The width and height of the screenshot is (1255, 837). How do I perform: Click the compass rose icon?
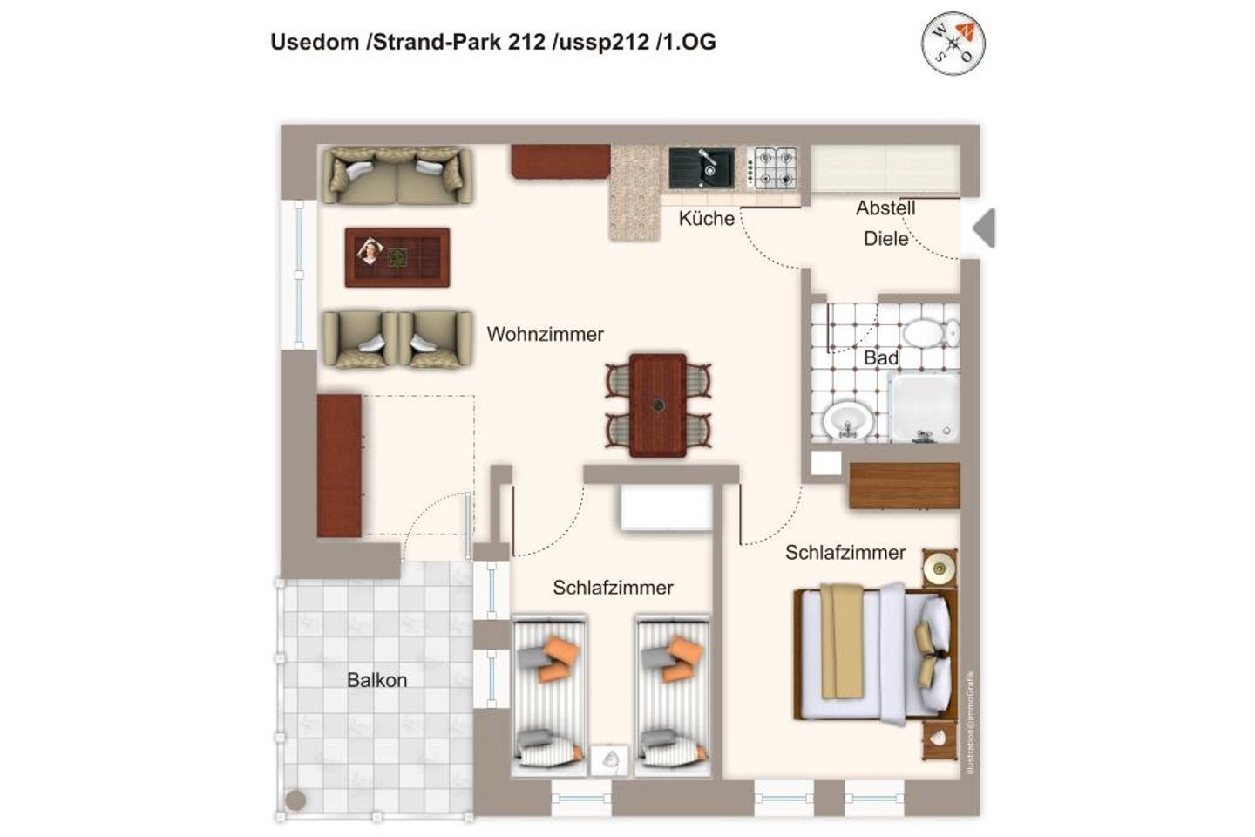coord(953,44)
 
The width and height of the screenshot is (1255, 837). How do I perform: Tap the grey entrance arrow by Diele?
coord(984,228)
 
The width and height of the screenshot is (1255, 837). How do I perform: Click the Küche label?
coord(706,219)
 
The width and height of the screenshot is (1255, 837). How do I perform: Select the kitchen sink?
coord(701,167)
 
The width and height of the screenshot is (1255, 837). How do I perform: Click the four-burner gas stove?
coord(775,167)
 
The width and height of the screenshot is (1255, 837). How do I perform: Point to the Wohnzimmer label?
coord(545,334)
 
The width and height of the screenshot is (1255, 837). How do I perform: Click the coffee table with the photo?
coord(397,256)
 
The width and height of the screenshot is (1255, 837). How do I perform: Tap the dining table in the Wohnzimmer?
coord(658,405)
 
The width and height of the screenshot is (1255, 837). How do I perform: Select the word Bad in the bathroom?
coord(880,357)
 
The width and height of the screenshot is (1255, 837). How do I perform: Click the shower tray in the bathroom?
coord(924,406)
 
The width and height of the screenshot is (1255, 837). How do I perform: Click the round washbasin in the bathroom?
coord(847,421)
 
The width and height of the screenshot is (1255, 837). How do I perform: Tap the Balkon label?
coord(376,680)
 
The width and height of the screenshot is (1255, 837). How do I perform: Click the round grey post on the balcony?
coord(295,799)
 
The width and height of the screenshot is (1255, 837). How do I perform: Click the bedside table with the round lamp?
coord(940,569)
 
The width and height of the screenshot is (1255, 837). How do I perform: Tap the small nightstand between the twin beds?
coord(609,759)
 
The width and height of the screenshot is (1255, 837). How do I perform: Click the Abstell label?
coord(885,208)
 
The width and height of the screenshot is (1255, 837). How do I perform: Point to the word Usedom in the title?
coord(315,42)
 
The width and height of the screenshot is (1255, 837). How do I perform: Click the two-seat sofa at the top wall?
coord(397,175)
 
